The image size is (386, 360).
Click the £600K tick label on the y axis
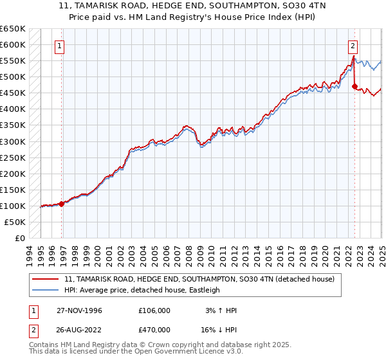pos(13,44)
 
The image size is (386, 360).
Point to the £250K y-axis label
pos(13,157)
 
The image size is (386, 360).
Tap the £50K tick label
pos(15,222)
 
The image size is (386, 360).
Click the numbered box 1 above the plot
pos(59,46)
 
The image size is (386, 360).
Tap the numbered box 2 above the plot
pos(353,46)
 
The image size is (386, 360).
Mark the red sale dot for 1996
pos(62,204)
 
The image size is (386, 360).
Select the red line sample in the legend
pos(46,279)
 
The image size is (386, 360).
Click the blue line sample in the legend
pos(46,290)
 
